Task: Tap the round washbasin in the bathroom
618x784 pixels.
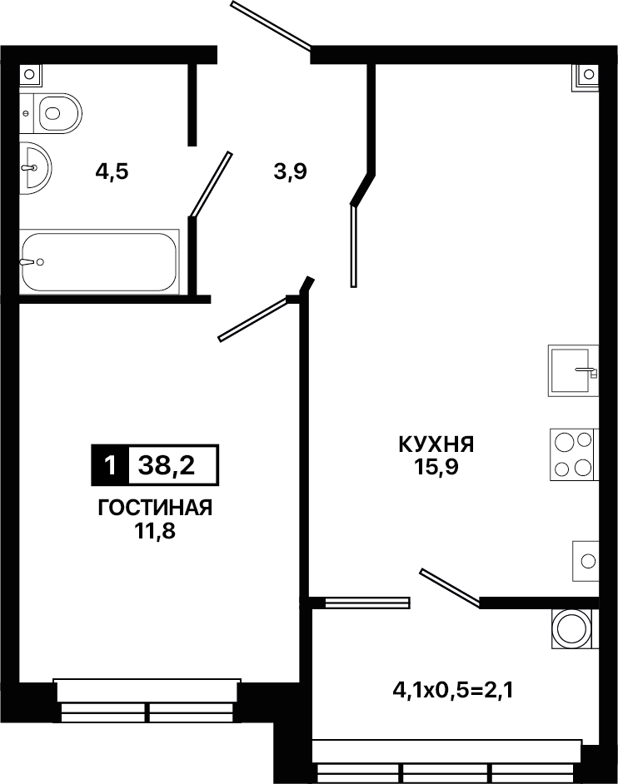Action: coord(35,167)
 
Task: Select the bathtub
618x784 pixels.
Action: coord(99,261)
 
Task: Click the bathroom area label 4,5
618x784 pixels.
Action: coord(112,172)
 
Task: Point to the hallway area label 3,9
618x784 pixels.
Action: coord(290,172)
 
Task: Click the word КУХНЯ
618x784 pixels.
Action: coord(436,444)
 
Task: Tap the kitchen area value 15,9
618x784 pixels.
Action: coord(436,467)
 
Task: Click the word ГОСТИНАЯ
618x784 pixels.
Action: coord(155,508)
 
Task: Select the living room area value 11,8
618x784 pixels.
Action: coord(154,530)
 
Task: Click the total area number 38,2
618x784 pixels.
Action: coord(167,466)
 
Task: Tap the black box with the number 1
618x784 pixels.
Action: coord(110,465)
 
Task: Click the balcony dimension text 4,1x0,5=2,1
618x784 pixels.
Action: coord(454,692)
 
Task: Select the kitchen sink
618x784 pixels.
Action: coord(574,370)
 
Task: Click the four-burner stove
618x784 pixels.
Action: coord(574,454)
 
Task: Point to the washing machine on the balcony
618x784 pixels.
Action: coord(575,628)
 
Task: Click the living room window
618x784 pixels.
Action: coord(147,701)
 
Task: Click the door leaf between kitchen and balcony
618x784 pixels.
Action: coord(451,588)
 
